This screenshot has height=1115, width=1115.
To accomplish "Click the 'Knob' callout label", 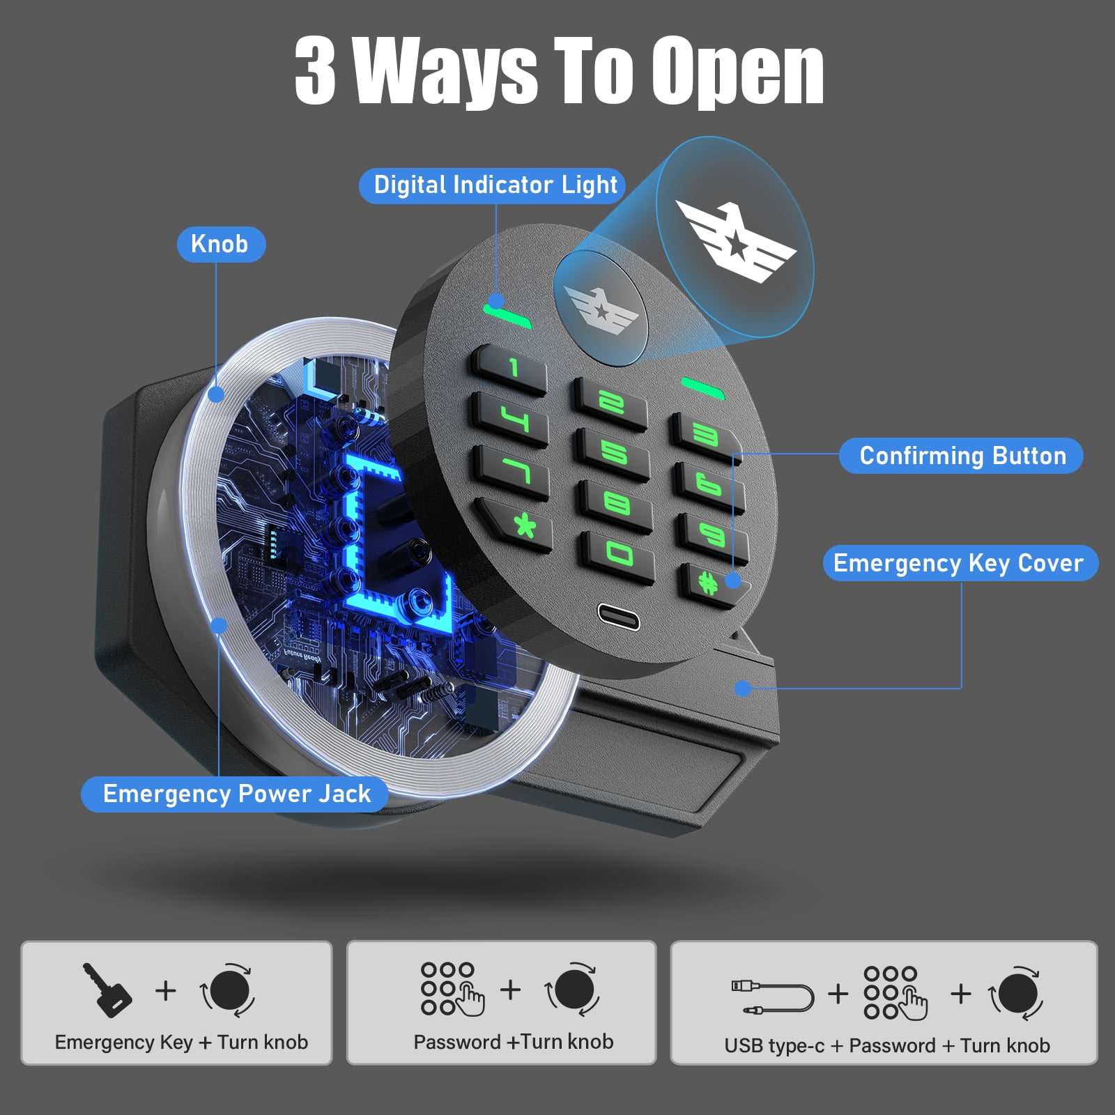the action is click(220, 245).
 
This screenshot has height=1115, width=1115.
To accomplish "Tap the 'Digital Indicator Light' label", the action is click(495, 185).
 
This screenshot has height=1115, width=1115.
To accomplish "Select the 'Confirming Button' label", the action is click(962, 456).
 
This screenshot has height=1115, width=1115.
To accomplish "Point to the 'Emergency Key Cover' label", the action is click(960, 563).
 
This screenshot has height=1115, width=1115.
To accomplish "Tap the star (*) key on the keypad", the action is click(518, 524).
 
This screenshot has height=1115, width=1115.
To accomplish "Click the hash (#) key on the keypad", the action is click(713, 584).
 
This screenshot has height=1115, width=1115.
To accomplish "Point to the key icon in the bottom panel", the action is click(107, 990).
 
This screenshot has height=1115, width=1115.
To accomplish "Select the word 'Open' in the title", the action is click(737, 71).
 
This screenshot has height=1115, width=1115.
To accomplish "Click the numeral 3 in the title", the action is click(315, 70).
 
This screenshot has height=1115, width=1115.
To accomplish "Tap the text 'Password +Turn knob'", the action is click(514, 1042).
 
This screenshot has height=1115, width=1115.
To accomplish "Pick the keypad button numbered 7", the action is click(512, 471).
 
